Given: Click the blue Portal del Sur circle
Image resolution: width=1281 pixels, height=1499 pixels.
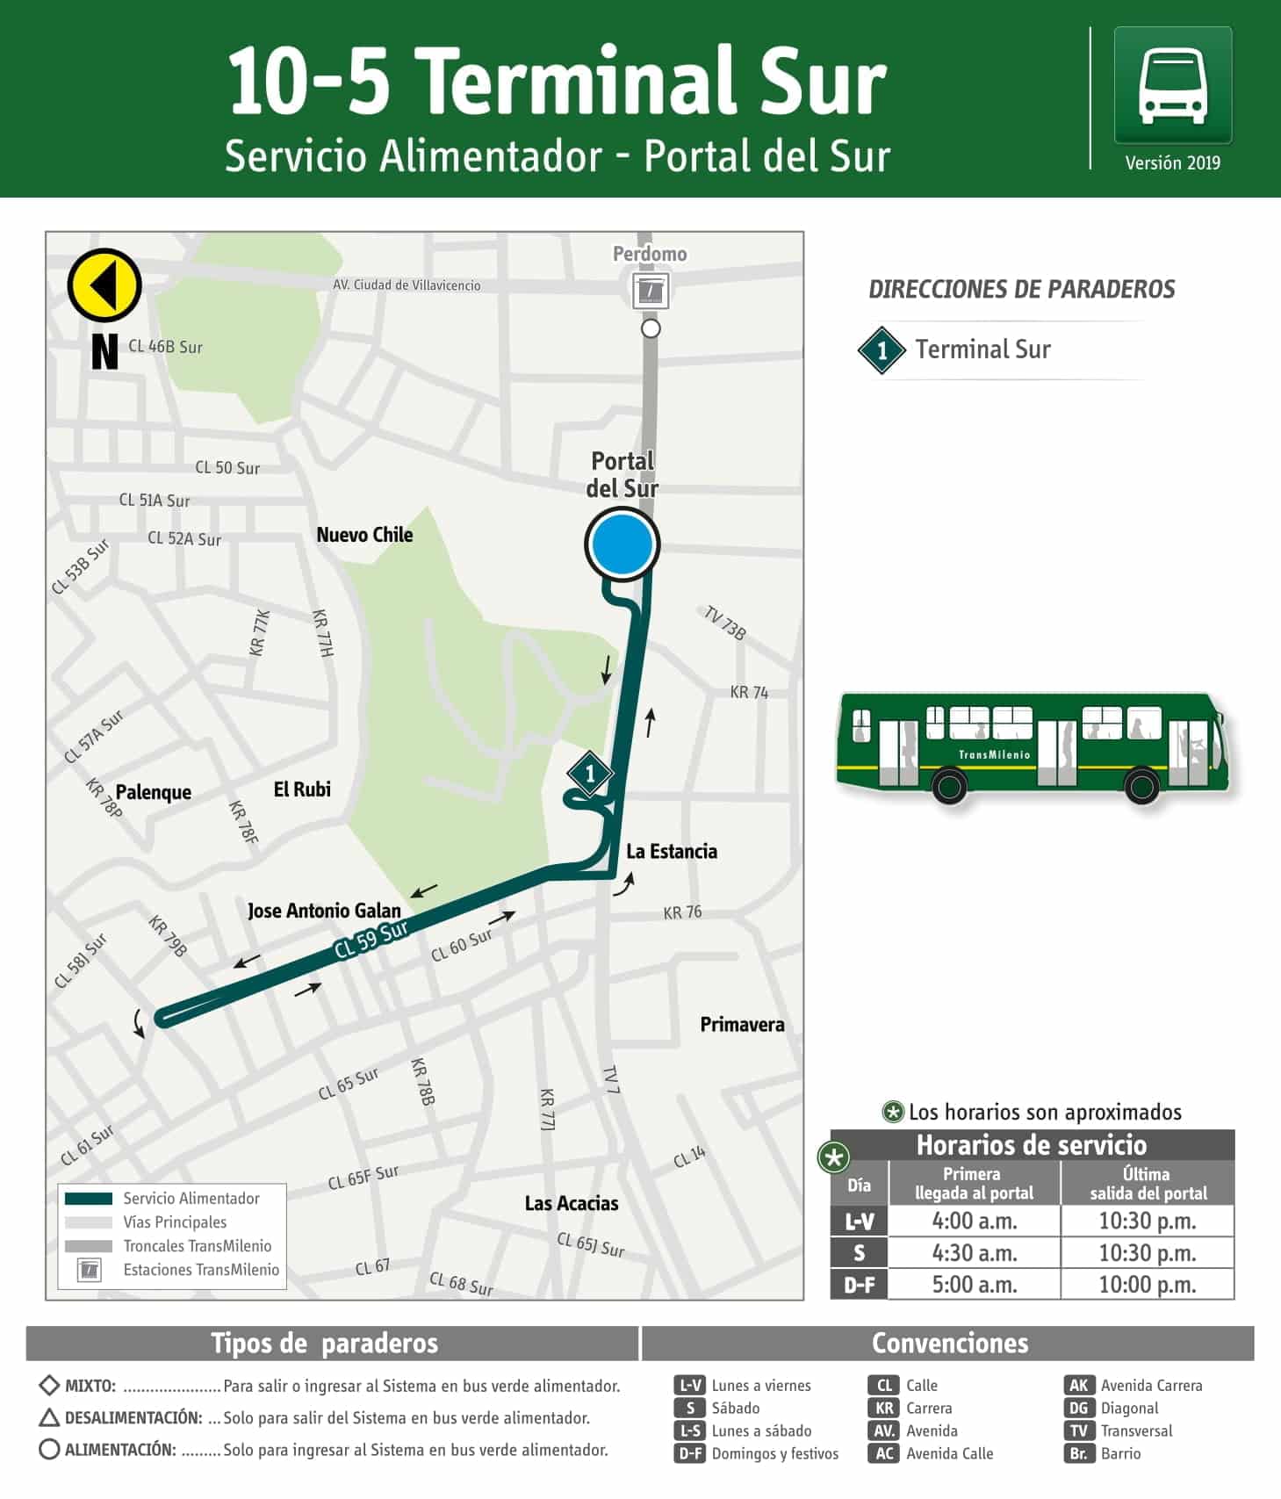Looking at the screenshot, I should click(x=622, y=544).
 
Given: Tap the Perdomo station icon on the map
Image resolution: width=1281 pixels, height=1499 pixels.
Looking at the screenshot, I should click(x=651, y=291).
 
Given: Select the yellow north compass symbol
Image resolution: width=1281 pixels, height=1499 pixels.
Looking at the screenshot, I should click(x=104, y=285).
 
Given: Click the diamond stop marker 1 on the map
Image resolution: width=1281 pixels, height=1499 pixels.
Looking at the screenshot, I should click(x=589, y=774).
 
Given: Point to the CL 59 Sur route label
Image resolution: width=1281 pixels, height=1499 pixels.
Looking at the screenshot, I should click(x=371, y=939).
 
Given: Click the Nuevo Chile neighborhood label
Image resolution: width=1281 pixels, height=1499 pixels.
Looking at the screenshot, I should click(x=364, y=535).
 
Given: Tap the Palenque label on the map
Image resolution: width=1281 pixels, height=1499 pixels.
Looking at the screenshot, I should click(x=154, y=792).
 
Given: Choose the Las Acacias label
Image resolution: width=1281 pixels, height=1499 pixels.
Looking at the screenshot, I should click(x=572, y=1203).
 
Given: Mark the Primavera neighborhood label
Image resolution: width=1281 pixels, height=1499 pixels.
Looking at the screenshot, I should click(x=742, y=1024).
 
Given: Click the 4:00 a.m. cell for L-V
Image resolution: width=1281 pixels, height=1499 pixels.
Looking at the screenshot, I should click(x=975, y=1221).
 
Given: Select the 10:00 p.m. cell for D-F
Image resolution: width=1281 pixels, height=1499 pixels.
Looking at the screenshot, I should click(x=1148, y=1285).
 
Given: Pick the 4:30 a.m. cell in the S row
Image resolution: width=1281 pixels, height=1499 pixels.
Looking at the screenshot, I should click(x=975, y=1253).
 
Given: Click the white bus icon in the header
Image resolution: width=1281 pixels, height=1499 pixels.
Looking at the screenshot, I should click(x=1172, y=86).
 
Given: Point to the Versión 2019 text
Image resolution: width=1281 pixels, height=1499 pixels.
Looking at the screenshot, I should click(x=1172, y=162).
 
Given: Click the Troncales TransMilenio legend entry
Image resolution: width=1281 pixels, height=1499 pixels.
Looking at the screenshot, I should click(x=197, y=1246).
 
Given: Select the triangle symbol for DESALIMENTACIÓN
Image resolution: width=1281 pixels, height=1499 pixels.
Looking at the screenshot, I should click(x=50, y=1417).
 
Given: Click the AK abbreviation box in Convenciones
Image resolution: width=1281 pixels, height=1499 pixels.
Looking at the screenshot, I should click(x=1077, y=1385).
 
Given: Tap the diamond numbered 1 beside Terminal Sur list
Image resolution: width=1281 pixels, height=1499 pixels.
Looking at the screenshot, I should click(x=882, y=350).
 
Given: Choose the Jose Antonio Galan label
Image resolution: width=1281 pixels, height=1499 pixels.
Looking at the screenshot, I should click(x=324, y=911).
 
